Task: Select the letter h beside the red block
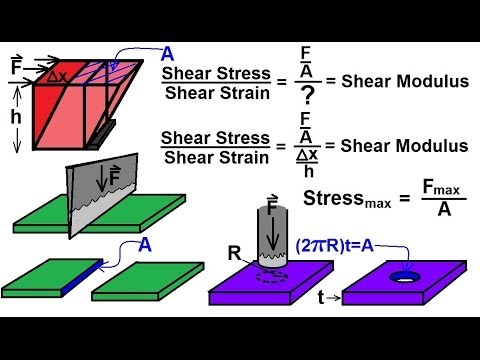(x=16, y=119)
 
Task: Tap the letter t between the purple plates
(x=323, y=297)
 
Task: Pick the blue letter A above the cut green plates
(x=147, y=243)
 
